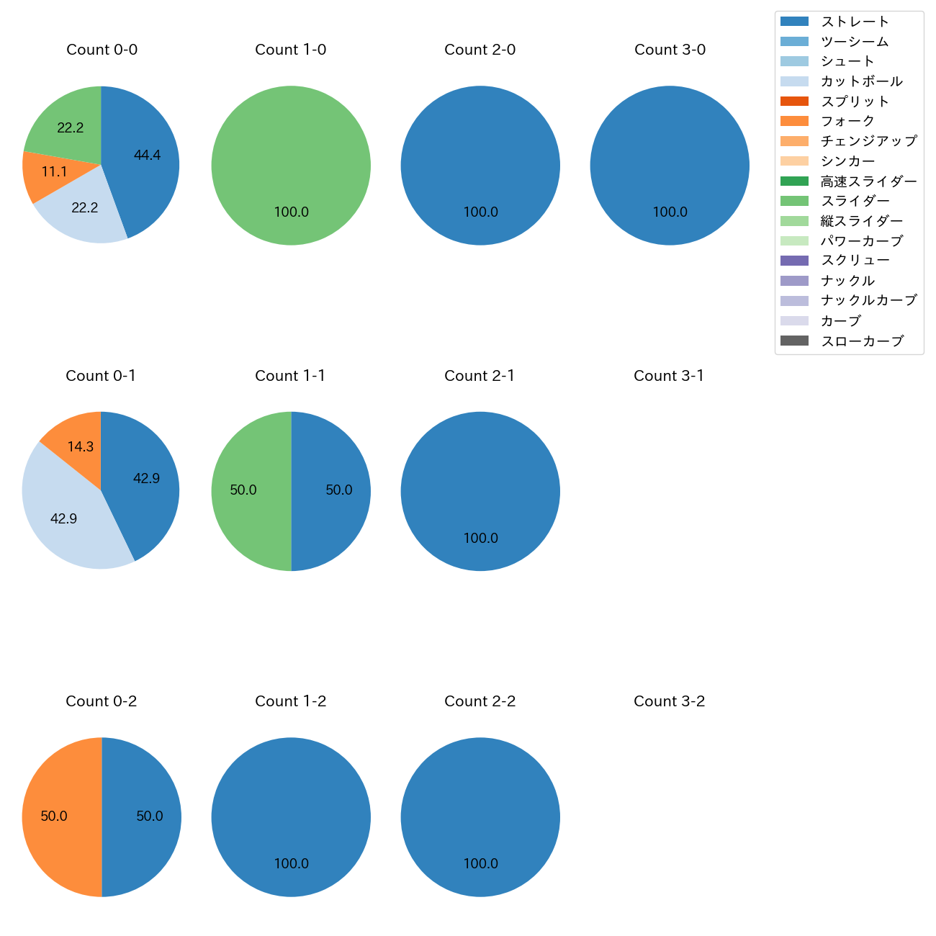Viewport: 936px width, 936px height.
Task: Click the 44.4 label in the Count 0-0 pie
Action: coord(147,155)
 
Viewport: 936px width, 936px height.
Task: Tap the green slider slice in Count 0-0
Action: coord(68,122)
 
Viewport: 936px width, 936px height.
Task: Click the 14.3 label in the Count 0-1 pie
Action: coord(81,447)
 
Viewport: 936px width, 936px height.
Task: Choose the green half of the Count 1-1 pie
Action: coord(248,491)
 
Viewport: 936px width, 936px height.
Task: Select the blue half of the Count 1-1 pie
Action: coord(333,491)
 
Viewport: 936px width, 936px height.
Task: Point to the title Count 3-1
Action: coord(669,376)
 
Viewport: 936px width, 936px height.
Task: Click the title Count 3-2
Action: coord(669,701)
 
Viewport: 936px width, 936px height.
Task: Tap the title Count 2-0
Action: coord(480,50)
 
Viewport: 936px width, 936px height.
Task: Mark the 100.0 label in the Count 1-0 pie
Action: coord(291,212)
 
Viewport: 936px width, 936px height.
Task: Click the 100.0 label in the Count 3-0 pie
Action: coord(670,212)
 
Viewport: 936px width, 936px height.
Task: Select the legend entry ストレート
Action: coord(855,22)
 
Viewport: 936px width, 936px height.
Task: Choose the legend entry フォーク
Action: coord(847,121)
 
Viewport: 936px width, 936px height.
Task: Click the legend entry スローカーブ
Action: coord(862,341)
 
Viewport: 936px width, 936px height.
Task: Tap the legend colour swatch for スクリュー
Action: coord(795,261)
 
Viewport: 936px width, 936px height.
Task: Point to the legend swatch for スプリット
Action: coord(795,102)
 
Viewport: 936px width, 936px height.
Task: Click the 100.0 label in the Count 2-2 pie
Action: coord(480,863)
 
